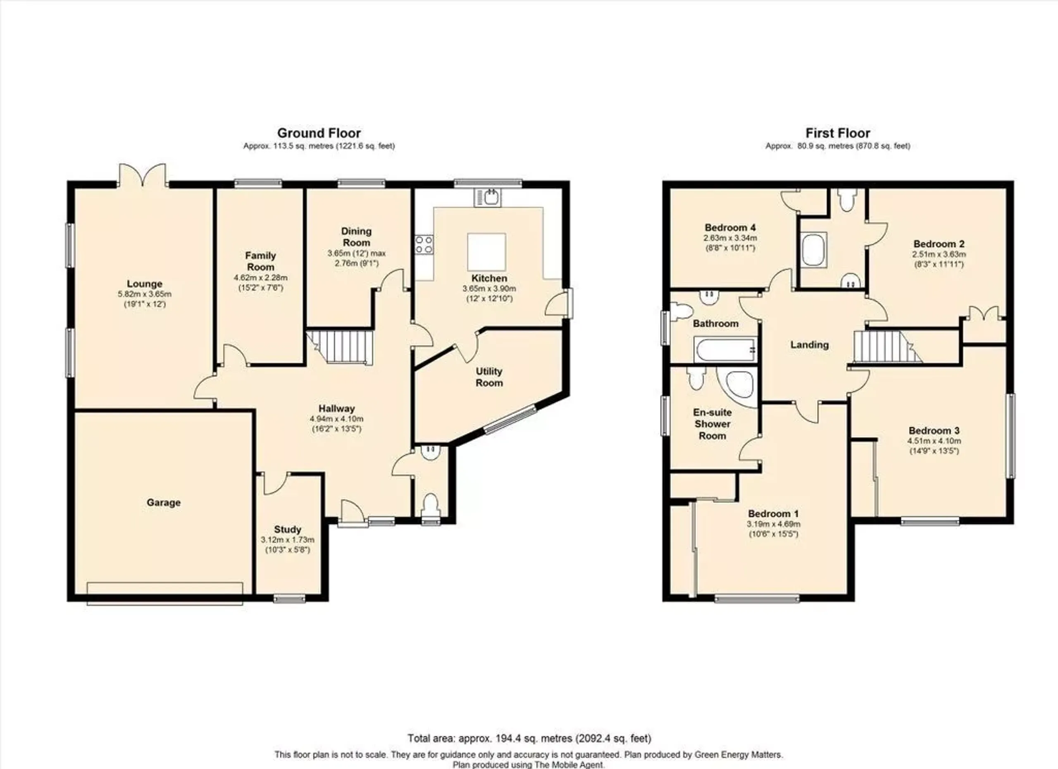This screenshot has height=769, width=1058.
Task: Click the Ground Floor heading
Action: [319, 134]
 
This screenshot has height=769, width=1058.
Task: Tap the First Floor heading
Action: [838, 134]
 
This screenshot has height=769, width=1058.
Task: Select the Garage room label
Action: [163, 503]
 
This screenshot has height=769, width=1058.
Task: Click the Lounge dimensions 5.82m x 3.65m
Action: [145, 294]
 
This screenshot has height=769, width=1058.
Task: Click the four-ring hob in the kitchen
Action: [424, 244]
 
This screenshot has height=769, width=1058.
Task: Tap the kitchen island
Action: [486, 251]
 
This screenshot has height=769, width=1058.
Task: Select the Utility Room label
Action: [489, 377]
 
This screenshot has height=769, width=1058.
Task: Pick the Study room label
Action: [287, 530]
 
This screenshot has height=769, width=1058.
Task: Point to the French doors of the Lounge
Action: [143, 175]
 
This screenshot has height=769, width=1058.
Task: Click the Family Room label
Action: [260, 261]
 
